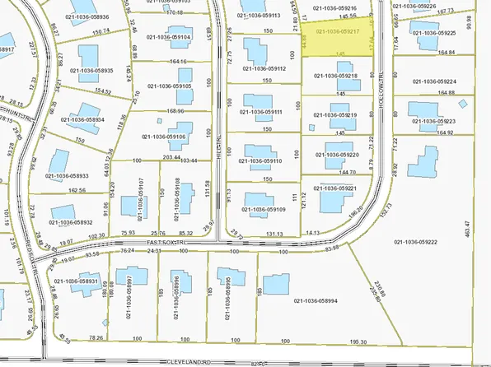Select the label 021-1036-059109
tap(264, 209)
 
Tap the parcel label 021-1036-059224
tap(435, 81)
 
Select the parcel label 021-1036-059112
tap(264, 69)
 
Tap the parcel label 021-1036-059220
tap(337, 154)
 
